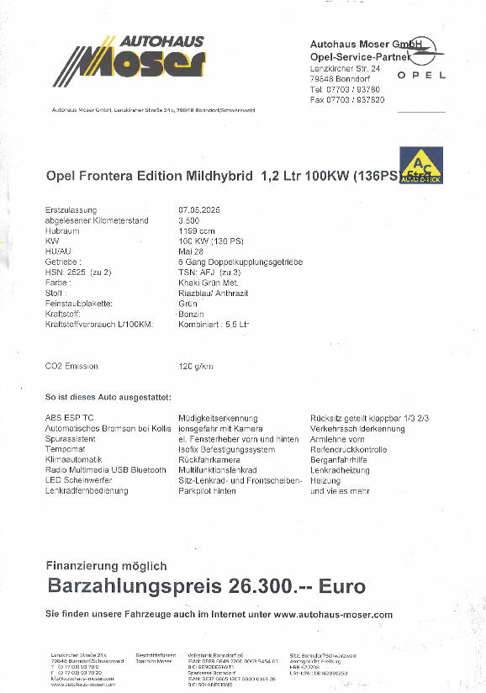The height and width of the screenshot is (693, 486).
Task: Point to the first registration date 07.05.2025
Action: click(x=198, y=209)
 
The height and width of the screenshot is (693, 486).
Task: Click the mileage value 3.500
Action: click(x=189, y=220)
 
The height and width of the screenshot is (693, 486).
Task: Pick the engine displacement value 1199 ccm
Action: click(x=197, y=230)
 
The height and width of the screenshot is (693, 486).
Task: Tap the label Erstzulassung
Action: click(x=71, y=209)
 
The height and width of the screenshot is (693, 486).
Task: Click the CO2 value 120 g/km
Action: click(x=196, y=366)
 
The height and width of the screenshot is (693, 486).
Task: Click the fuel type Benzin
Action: click(x=192, y=313)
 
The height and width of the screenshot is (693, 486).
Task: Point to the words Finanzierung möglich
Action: click(x=106, y=566)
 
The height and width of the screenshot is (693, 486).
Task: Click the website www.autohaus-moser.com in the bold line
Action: click(x=333, y=615)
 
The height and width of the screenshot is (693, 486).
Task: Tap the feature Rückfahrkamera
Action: click(x=209, y=460)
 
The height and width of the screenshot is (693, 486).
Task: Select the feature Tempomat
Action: click(x=65, y=449)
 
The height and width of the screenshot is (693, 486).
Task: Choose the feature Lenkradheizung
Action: click(x=340, y=470)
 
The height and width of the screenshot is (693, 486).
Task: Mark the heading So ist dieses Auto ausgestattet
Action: click(x=108, y=396)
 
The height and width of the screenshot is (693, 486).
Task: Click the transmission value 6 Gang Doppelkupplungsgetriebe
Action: click(x=240, y=262)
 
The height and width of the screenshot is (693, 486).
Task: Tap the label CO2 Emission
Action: click(x=71, y=366)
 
